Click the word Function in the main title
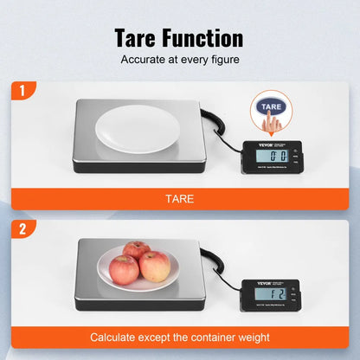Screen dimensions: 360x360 [x=208, y=38]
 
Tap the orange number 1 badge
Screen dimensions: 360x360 [x=21, y=91]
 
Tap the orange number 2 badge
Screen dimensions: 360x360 [x=21, y=230]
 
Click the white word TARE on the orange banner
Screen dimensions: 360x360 [x=180, y=198]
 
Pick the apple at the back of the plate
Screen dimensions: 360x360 [x=136, y=252]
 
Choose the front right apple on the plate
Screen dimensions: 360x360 [x=154, y=267]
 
